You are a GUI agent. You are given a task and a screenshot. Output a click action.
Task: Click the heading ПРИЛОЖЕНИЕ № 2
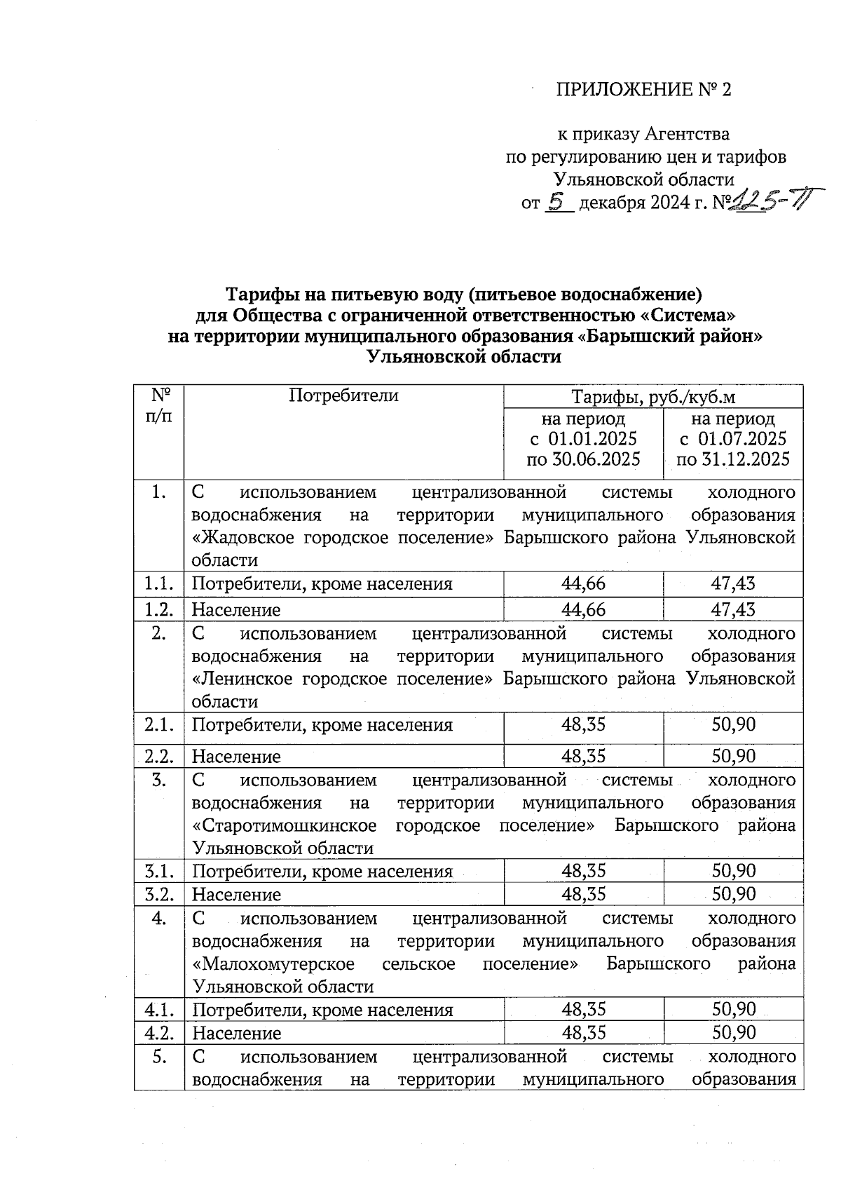point(643,90)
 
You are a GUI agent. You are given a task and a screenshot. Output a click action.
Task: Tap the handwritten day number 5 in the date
point(558,202)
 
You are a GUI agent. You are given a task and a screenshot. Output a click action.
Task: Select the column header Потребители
point(343,395)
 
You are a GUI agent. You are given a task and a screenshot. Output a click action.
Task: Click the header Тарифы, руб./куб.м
point(653,398)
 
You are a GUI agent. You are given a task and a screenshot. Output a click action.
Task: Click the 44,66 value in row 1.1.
point(583,583)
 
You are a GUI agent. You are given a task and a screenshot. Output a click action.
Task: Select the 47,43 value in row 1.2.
point(733,609)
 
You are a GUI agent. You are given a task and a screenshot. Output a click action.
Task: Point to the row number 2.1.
point(159,724)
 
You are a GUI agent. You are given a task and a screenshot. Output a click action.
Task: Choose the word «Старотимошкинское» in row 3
point(284,825)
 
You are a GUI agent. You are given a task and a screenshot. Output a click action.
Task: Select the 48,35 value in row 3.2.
point(583,894)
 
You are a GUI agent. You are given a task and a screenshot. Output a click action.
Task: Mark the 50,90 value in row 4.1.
point(733,1010)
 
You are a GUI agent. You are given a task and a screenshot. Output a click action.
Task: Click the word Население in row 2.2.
point(236,757)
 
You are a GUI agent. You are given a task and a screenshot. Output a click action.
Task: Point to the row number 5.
point(159,1056)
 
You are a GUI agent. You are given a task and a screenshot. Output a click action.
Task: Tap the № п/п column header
point(159,405)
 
